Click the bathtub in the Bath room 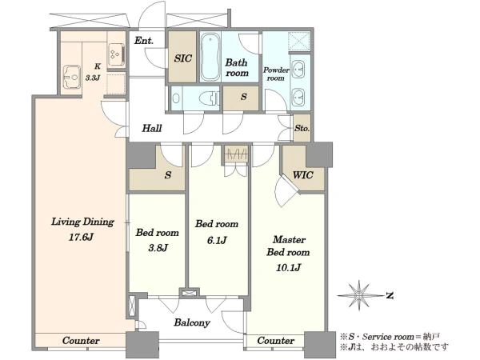click(x=210, y=57)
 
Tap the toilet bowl click(x=209, y=98)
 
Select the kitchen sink click(x=72, y=77)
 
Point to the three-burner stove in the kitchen click(x=116, y=54)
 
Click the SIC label click(x=182, y=58)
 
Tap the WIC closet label click(x=302, y=175)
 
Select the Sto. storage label click(x=302, y=128)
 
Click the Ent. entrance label click(x=144, y=41)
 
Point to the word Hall click(x=151, y=128)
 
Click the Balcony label click(x=192, y=322)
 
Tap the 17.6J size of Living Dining click(x=81, y=238)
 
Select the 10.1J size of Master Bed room click(x=288, y=268)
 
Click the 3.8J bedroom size click(x=158, y=248)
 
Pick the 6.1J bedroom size click(x=217, y=240)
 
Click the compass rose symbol click(x=358, y=295)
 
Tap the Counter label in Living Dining click(x=81, y=341)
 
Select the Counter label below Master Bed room click(x=275, y=341)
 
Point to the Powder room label click(x=276, y=74)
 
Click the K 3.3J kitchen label click(x=93, y=72)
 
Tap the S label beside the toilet click(x=244, y=97)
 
